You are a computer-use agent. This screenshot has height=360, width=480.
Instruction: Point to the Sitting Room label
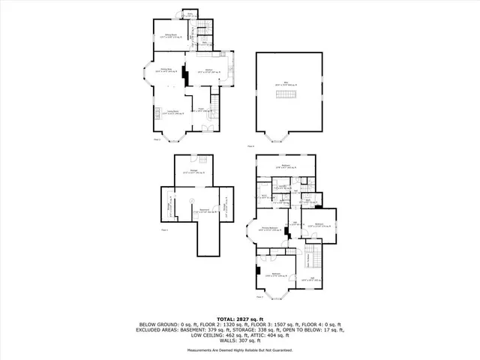click(x=171, y=35)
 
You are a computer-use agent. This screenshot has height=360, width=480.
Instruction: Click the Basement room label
click(x=193, y=211)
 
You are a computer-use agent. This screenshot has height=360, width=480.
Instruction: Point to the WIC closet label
click(x=264, y=196)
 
